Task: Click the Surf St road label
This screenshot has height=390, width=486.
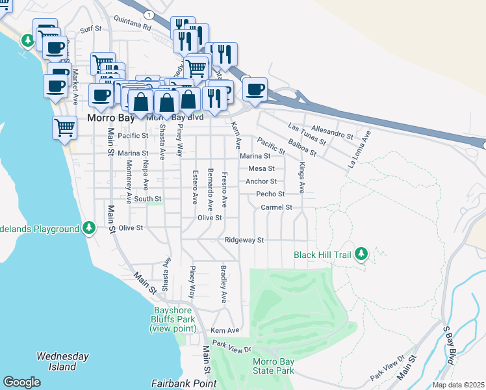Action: coord(91,29)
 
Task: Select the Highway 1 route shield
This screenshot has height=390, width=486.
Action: coord(149,14)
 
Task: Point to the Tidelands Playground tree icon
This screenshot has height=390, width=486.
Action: coord(89,229)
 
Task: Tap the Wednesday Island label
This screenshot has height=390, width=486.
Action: coord(62,361)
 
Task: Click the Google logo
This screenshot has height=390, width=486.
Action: coord(21,382)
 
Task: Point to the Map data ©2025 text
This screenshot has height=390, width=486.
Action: coord(459,385)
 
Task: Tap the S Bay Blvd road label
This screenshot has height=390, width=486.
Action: coord(449,350)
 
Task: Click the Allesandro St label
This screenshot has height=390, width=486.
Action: coord(332,133)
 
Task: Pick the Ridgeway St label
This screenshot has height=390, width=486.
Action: coord(244,240)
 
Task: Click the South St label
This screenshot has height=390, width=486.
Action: coord(147,199)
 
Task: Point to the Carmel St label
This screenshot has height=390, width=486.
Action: coord(277,207)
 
